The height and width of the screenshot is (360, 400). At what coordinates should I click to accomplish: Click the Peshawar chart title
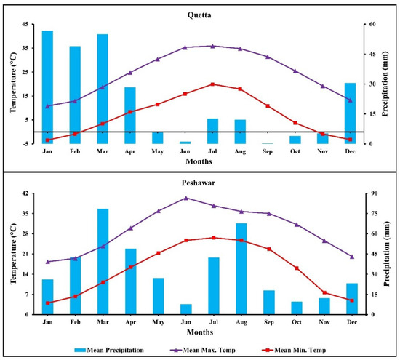coord(200,184)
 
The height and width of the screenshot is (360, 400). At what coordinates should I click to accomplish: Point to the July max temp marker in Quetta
coord(212,46)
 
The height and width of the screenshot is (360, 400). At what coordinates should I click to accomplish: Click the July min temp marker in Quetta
coord(212,84)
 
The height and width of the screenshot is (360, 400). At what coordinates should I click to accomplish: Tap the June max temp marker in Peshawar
coord(185,198)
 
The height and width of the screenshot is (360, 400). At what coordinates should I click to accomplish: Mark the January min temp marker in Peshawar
coord(48,303)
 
